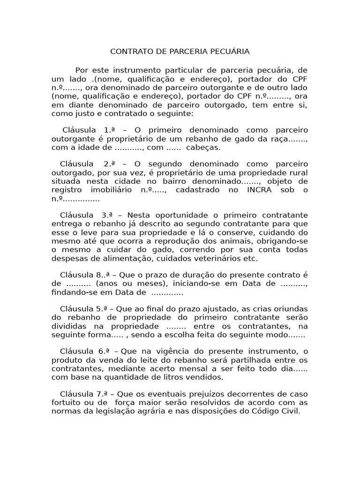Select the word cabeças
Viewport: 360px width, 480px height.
point(203,147)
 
